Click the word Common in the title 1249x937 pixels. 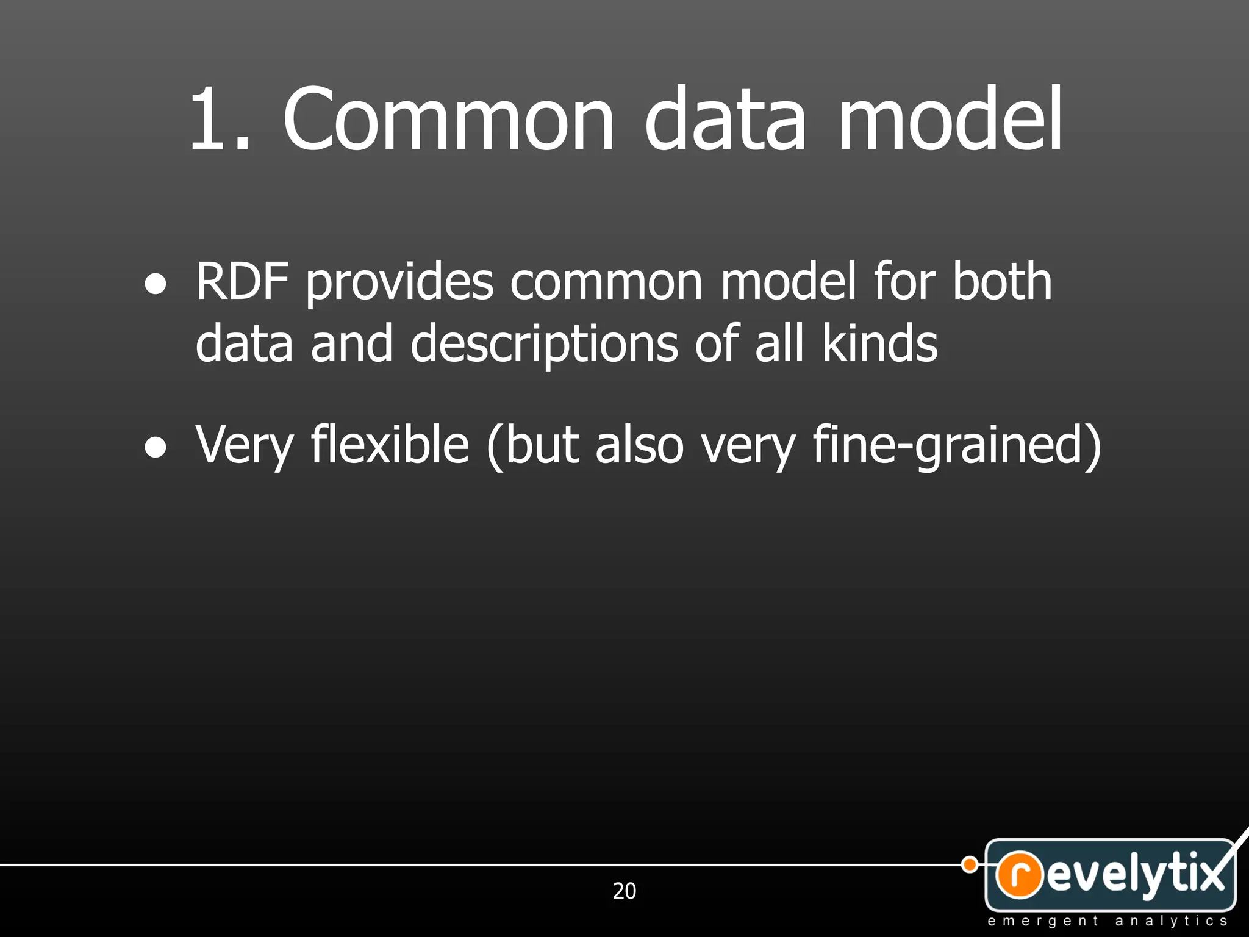click(448, 118)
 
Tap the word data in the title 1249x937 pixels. click(726, 118)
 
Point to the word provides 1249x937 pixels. click(399, 282)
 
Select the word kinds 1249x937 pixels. click(879, 343)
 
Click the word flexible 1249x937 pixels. click(390, 445)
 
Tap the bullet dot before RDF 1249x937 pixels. click(156, 284)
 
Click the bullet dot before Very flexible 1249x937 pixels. click(156, 448)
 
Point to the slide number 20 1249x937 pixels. click(624, 891)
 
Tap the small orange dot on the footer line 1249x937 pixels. click(970, 864)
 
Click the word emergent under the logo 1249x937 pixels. click(1043, 921)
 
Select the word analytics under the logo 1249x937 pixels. click(1171, 921)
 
